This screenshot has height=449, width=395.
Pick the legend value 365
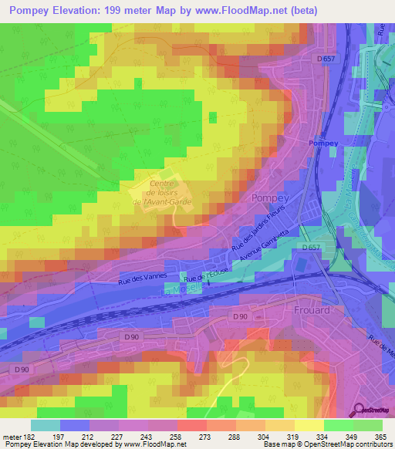point(381,436)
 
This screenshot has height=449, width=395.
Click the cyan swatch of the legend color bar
point(46,425)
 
